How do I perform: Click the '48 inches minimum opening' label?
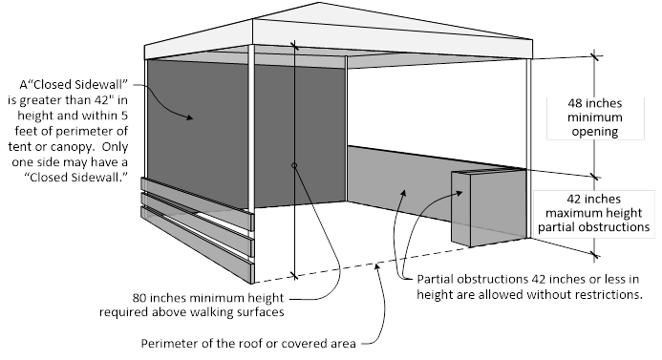pos(594,116)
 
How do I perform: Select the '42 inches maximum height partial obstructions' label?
pos(593,213)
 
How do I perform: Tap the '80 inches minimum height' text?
pos(207,298)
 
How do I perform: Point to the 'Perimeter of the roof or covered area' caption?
pos(248,343)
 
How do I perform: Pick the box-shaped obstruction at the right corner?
pos(488,207)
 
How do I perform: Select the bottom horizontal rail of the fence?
pos(197,244)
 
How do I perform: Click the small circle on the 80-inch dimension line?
pos(294,165)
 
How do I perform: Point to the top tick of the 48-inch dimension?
pos(595,55)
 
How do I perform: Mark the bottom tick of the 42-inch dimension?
pos(594,255)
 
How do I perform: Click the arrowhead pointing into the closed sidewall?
pos(189,117)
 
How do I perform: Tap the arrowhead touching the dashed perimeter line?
pos(378,265)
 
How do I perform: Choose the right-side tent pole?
pos(529,148)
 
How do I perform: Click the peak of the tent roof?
pos(319,3)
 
